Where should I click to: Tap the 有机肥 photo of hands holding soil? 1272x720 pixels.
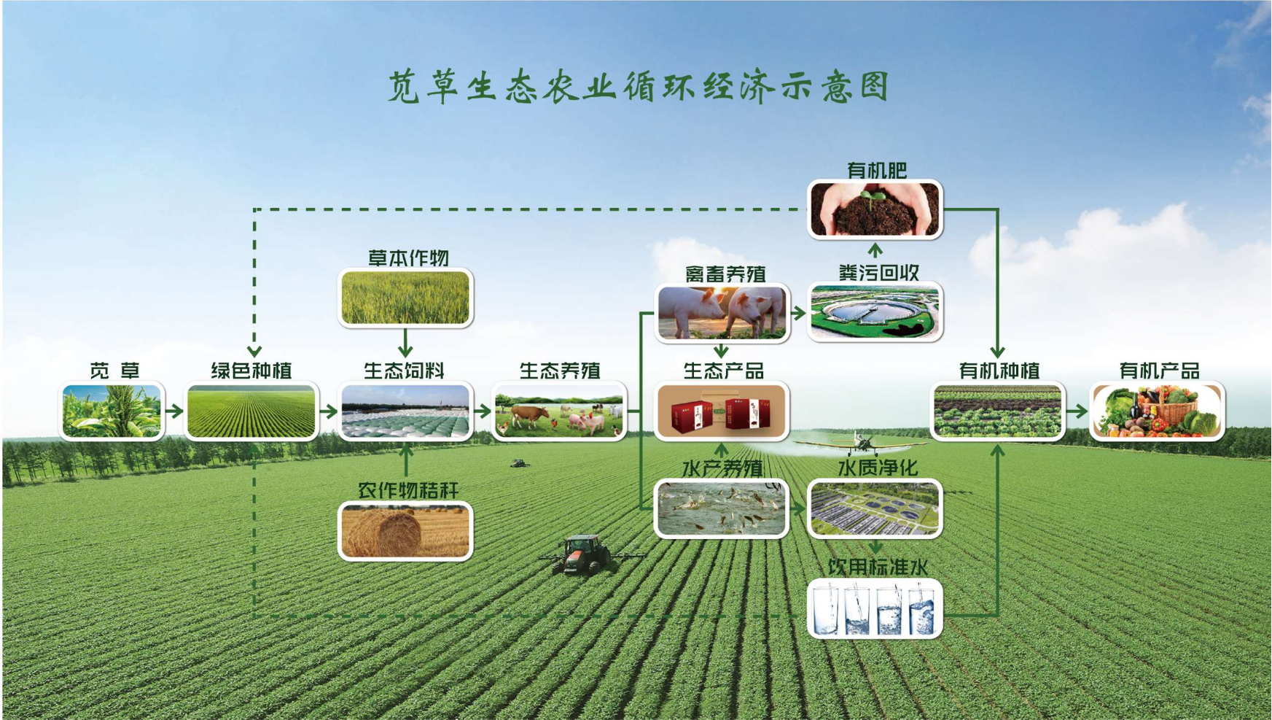pyautogui.click(x=875, y=209)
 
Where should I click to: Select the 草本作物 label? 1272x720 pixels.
pyautogui.click(x=408, y=258)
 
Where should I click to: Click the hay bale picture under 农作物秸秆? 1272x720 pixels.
pyautogui.click(x=405, y=530)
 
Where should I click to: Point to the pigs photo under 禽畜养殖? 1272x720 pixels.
pyautogui.click(x=722, y=313)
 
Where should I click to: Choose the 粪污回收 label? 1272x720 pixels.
pyautogui.click(x=878, y=273)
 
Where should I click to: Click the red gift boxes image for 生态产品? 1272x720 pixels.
pyautogui.click(x=722, y=411)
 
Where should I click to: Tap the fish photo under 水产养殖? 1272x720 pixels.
pyautogui.click(x=722, y=508)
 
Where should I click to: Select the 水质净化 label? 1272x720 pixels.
pyautogui.click(x=878, y=468)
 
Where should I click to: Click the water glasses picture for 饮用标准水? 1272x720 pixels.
pyautogui.click(x=875, y=608)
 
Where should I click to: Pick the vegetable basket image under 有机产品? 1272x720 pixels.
pyautogui.click(x=1158, y=411)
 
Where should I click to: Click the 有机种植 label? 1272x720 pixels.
pyautogui.click(x=999, y=371)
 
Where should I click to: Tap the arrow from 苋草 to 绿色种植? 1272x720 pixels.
pyautogui.click(x=174, y=411)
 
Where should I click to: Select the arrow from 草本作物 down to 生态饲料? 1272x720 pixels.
pyautogui.click(x=405, y=342)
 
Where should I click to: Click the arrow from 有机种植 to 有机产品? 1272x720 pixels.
pyautogui.click(x=1077, y=411)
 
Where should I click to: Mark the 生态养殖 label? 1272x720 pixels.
pyautogui.click(x=560, y=371)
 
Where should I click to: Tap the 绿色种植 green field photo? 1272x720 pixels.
pyautogui.click(x=251, y=411)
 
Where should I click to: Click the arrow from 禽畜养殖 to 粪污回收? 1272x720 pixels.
pyautogui.click(x=799, y=313)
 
